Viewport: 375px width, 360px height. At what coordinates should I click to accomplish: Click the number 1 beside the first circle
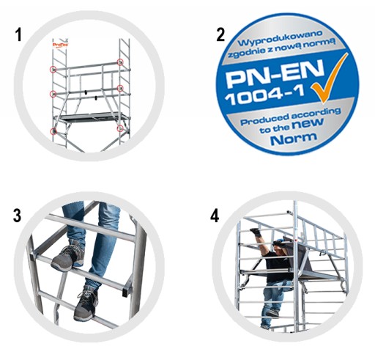point(18,34)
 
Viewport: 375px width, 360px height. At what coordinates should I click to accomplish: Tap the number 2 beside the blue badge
point(220,34)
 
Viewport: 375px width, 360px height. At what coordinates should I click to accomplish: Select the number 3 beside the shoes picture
point(17,216)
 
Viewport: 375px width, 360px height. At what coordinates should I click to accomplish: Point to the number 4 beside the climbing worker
point(215,216)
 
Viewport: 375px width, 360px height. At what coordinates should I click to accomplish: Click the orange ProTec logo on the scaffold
point(61,45)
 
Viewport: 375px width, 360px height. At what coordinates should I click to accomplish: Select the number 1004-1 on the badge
point(265,95)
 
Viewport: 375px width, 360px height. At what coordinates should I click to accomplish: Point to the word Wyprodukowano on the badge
point(281,38)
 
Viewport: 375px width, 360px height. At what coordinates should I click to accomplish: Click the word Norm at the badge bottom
point(294,139)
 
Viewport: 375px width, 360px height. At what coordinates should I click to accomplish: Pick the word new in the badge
point(308,124)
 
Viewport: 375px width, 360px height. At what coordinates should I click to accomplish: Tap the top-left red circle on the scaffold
point(53,70)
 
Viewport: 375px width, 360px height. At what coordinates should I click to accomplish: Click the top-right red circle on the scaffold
point(120,62)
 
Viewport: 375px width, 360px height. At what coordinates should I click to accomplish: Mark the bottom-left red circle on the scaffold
point(53,131)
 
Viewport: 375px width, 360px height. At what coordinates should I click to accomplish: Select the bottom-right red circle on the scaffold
point(120,128)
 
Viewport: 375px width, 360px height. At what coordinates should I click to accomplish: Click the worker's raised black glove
point(256,232)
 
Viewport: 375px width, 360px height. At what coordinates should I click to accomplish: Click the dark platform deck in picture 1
point(91,117)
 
